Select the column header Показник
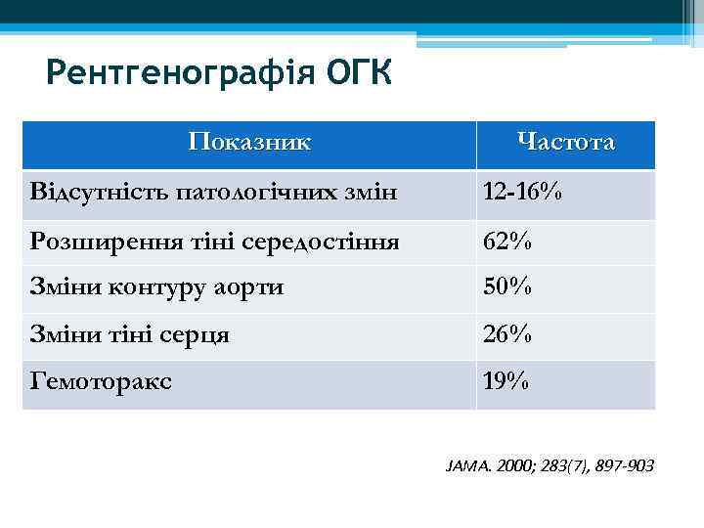pos(249,142)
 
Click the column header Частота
pos(566,143)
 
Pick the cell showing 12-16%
pos(522,193)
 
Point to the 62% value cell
pos(506,241)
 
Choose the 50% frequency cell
pos(506,287)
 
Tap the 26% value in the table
pos(506,335)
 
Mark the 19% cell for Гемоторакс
pos(506,382)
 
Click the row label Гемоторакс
pos(101,382)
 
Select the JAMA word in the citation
pos(464,466)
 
